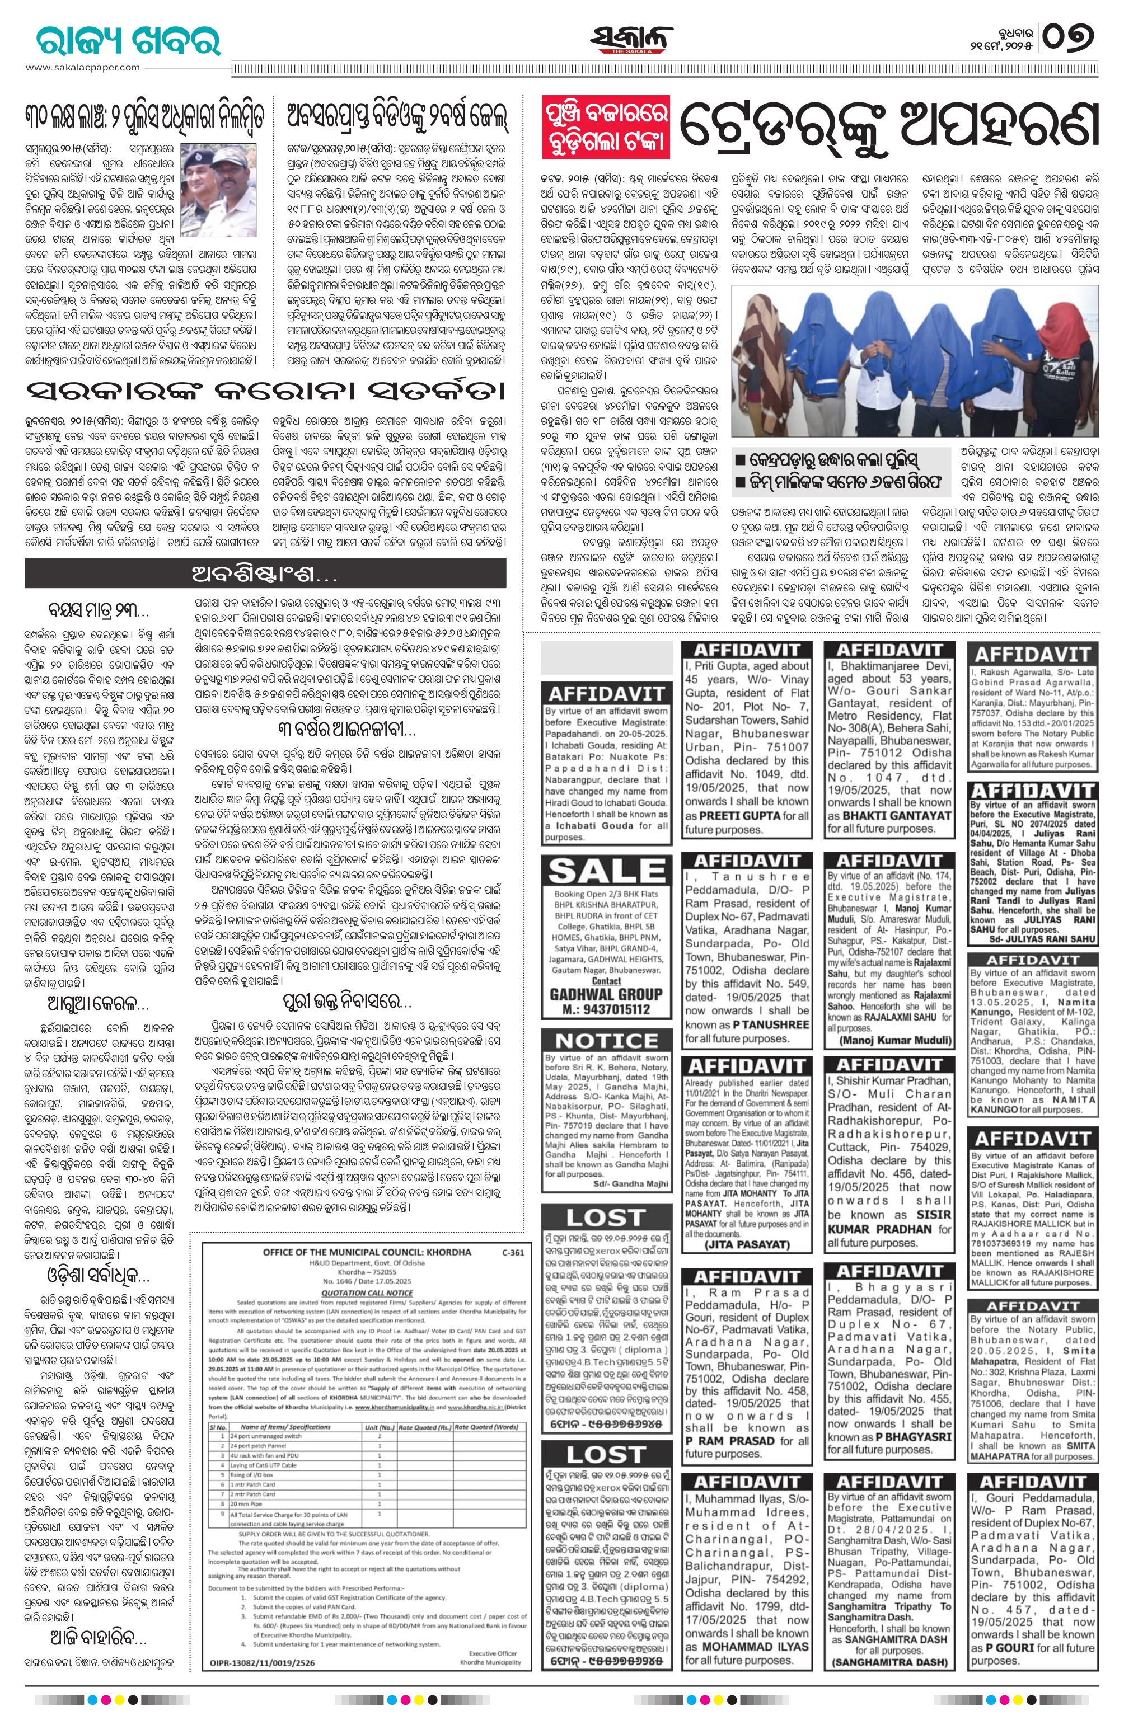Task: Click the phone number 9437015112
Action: click(608, 1009)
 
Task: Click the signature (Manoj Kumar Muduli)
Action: click(888, 1040)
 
